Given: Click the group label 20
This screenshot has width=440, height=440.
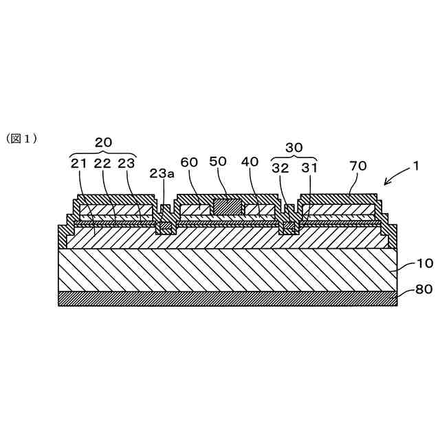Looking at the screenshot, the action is (x=103, y=143).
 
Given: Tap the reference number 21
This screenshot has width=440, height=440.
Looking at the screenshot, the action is (x=79, y=164).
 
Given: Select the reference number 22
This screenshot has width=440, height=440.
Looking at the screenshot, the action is (x=102, y=164).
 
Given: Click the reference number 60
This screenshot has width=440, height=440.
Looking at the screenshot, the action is (x=190, y=163).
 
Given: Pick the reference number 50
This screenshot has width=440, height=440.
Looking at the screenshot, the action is (x=218, y=163).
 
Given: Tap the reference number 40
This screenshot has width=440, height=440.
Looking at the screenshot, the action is (x=250, y=163).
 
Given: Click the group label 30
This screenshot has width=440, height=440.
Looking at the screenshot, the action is (x=294, y=147).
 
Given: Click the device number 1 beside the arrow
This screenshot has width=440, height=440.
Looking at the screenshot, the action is (x=415, y=166).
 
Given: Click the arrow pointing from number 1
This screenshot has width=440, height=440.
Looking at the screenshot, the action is (x=395, y=177).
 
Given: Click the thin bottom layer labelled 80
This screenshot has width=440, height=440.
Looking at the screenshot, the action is (x=227, y=298).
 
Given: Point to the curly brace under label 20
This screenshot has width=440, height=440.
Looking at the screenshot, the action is (x=103, y=153).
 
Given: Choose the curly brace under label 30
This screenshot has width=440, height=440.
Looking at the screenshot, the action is (x=294, y=157).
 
